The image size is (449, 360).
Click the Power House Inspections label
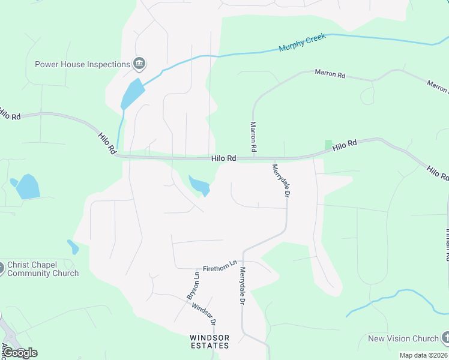coord(82,64)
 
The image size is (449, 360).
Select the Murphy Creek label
coord(303,42)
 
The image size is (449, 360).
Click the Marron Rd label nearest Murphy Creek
coord(330,75)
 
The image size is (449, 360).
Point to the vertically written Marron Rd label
coord(253,136)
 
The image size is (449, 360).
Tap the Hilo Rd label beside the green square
coord(345,145)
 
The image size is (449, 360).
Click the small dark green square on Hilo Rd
coord(328,145)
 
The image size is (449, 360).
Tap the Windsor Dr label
coord(204,314)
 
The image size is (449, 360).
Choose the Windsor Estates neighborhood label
coord(209,341)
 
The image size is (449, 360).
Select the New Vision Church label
coord(403,338)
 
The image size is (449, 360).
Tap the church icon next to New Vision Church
coord(445,338)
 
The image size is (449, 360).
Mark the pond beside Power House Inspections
coord(133,94)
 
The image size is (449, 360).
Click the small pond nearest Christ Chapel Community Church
coord(73,247)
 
